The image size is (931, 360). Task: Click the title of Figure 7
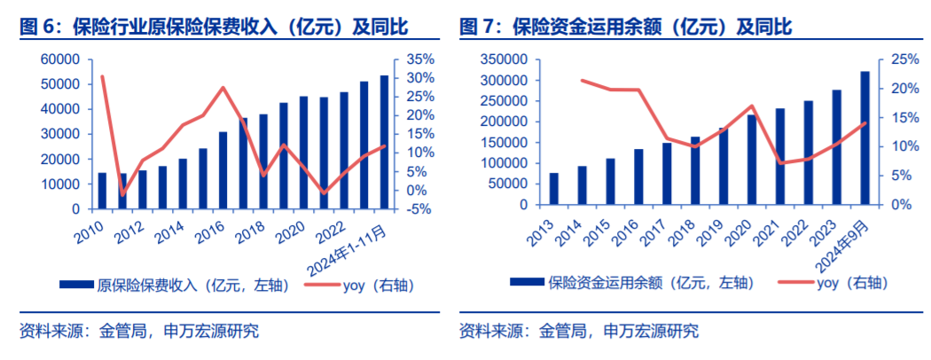[625, 27]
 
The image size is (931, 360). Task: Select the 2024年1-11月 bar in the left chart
[384, 142]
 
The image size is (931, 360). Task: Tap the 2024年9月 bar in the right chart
[864, 137]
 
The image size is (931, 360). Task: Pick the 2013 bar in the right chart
[553, 188]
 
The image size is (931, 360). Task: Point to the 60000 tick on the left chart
[60, 59]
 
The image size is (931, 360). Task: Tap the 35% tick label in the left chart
[420, 59]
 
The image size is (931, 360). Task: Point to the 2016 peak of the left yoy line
[223, 88]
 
